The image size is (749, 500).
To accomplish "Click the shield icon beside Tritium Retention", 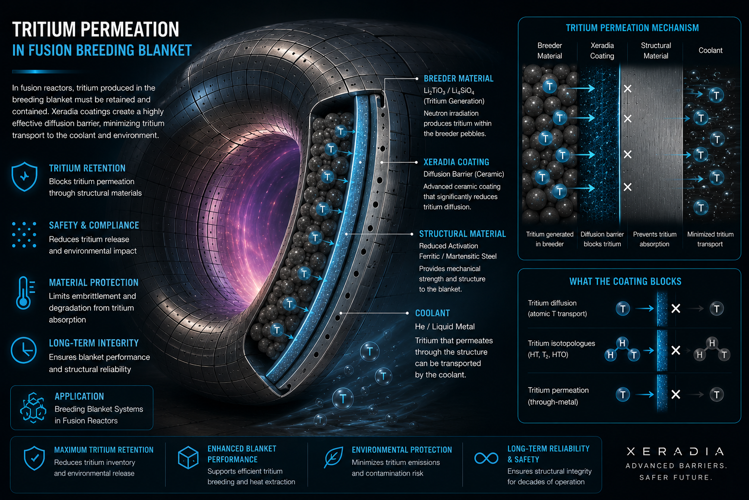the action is [24, 176].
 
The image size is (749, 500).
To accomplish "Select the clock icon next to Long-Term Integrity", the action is [24, 350].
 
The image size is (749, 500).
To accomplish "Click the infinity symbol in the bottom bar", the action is [486, 458].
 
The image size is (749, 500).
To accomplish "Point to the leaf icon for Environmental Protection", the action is [334, 457].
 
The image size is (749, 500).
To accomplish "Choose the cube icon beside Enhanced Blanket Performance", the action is [188, 458].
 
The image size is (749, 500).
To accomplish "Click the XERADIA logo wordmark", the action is [675, 452].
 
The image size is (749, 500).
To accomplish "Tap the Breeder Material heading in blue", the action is [458, 79].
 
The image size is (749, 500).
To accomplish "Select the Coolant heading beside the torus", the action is [433, 313].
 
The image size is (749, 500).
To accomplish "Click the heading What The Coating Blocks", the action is [625, 282].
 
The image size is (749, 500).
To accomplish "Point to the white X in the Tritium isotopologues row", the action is [676, 350].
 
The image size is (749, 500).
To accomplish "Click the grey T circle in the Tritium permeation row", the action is [716, 395].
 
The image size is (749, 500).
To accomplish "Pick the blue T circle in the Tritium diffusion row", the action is [623, 309].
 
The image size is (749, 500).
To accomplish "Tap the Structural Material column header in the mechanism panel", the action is [656, 51].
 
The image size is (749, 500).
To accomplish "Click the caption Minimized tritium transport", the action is [710, 239].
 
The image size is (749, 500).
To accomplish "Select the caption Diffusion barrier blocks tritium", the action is [602, 239].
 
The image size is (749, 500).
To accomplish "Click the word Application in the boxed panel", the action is [79, 396].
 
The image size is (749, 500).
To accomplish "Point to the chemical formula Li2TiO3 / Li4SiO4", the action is [449, 91].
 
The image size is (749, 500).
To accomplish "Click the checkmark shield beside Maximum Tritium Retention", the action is [35, 458].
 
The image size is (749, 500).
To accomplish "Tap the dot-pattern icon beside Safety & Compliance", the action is [24, 234].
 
